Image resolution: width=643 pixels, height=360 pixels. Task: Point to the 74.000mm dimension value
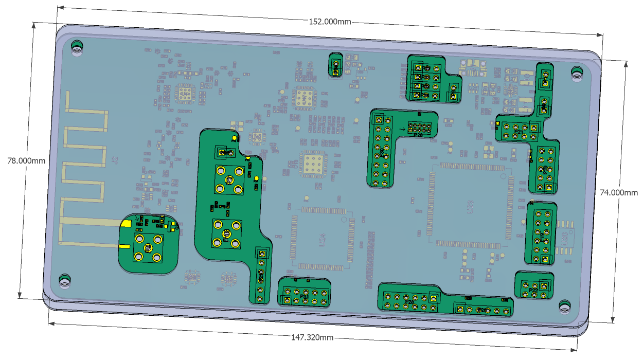(x=619, y=192)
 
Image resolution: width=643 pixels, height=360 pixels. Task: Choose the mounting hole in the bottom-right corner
(x=565, y=307)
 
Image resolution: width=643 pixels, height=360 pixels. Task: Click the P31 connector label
(x=305, y=297)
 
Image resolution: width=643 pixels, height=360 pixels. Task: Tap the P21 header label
(x=519, y=133)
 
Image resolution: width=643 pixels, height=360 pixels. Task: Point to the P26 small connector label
(x=418, y=135)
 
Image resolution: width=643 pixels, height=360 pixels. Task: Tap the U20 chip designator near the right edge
(x=564, y=237)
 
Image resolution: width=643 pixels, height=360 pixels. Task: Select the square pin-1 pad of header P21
(x=534, y=128)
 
